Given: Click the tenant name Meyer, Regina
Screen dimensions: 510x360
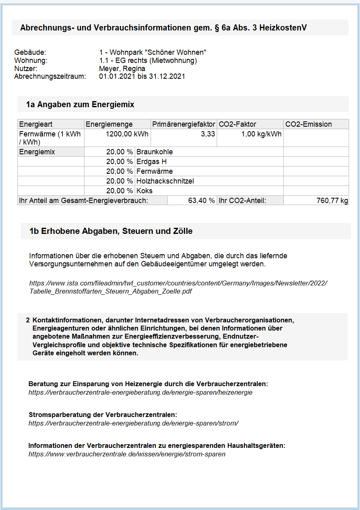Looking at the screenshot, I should (x=122, y=69).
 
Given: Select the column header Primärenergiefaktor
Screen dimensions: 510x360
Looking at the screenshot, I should (x=183, y=124).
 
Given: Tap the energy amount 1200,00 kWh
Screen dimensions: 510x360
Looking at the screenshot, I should (x=127, y=134).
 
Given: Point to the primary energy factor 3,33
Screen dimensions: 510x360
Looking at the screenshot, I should (x=208, y=134).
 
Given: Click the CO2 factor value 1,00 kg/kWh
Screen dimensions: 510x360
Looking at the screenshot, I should (x=261, y=134).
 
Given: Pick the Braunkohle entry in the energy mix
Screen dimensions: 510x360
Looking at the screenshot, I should (x=154, y=152).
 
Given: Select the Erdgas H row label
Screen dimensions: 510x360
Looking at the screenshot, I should (x=151, y=162).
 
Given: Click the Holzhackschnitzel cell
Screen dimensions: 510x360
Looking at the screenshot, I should (x=165, y=181).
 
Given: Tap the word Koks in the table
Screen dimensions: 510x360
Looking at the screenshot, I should (x=144, y=191).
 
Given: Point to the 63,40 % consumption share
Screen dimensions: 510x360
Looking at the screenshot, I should (x=201, y=201).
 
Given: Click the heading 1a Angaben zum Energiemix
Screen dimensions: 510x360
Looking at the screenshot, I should (x=80, y=104).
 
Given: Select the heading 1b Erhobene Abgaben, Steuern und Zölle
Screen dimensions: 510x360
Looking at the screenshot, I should (x=111, y=231).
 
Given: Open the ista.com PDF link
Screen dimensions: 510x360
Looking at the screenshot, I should (x=178, y=287).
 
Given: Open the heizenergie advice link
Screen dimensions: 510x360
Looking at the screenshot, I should (x=140, y=393).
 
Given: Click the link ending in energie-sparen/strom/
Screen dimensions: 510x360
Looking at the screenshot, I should (x=133, y=423).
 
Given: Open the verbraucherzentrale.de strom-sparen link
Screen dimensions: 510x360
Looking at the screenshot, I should (x=127, y=454).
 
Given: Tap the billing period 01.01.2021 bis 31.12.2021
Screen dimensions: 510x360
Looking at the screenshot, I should (x=142, y=76).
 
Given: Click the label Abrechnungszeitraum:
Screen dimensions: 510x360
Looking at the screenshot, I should (x=50, y=76).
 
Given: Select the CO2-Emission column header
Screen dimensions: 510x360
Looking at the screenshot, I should (x=308, y=124).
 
